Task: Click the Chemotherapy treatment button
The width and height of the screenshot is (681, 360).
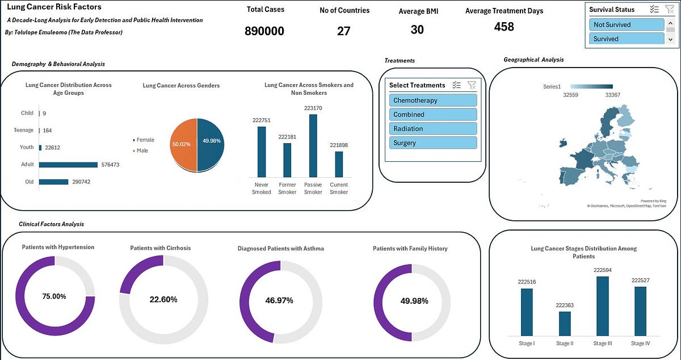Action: [x=433, y=100]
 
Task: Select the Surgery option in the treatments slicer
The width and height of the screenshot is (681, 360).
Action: [x=433, y=143]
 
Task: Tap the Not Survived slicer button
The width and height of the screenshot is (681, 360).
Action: [x=627, y=24]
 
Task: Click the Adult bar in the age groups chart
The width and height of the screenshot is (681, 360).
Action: [x=68, y=165]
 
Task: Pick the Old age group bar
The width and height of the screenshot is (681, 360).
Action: [x=53, y=182]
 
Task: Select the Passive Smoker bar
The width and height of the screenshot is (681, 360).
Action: [x=313, y=146]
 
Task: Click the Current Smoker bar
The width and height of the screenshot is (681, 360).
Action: [x=339, y=164]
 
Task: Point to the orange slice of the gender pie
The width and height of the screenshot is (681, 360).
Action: [x=183, y=145]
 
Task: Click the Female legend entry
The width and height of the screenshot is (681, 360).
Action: [x=144, y=140]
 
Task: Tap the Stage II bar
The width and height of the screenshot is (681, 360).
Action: [x=565, y=324]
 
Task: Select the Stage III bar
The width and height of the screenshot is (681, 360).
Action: [x=603, y=306]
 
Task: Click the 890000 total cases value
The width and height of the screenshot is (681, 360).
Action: [x=264, y=31]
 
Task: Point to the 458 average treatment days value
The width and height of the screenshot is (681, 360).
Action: [x=504, y=27]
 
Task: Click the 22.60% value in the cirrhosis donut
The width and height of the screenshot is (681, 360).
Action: [x=163, y=299]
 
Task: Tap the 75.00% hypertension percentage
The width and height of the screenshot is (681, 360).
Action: [x=54, y=296]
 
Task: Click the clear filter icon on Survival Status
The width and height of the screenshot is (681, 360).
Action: [x=670, y=9]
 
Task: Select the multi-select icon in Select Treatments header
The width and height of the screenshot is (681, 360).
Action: [x=456, y=85]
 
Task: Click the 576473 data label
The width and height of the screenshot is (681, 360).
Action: [x=110, y=165]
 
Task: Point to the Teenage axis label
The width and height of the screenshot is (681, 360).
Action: [x=23, y=130]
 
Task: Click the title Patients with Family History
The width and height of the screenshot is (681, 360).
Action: [x=410, y=249]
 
